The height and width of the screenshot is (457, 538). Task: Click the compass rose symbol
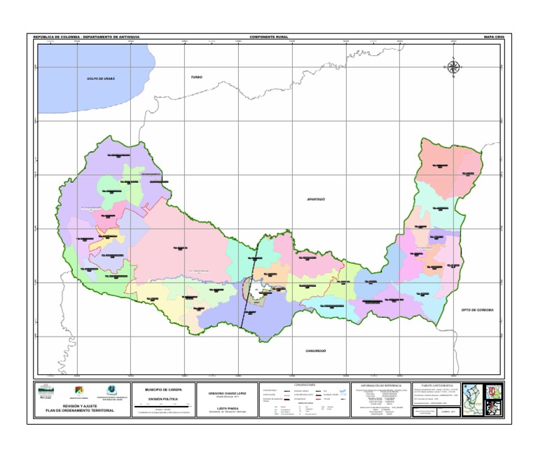coord(453,67)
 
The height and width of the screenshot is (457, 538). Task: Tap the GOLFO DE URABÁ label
coord(101,79)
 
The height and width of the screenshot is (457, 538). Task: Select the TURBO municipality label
coord(196,76)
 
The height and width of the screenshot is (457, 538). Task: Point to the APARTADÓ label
coord(317,199)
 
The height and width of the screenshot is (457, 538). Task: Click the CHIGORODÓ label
coord(316,351)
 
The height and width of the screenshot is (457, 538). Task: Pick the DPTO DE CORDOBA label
coord(477,309)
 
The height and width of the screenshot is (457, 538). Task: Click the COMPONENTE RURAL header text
coord(268,36)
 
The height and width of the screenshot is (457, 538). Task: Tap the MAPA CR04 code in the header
coord(494,36)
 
